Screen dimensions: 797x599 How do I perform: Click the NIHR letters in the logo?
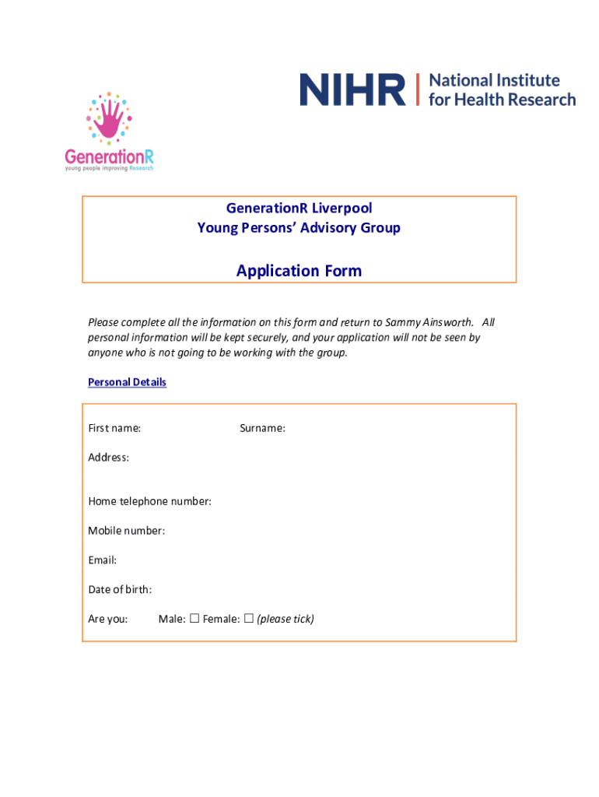pyautogui.click(x=352, y=90)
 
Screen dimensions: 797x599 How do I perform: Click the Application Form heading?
pyautogui.click(x=299, y=271)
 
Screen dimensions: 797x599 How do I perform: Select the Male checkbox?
pyautogui.click(x=194, y=619)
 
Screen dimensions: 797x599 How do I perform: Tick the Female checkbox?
pyautogui.click(x=249, y=619)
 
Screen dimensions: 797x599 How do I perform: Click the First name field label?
pyautogui.click(x=114, y=428)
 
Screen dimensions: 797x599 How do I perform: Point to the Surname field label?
pyautogui.click(x=262, y=428)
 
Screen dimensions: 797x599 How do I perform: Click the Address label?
pyautogui.click(x=108, y=457)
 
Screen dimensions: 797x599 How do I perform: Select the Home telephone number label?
pyautogui.click(x=149, y=501)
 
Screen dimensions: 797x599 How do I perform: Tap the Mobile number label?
pyautogui.click(x=126, y=531)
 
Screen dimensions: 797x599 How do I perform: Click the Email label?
pyautogui.click(x=102, y=560)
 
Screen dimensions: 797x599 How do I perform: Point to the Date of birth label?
pyautogui.click(x=120, y=589)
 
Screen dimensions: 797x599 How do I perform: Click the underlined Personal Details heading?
pyautogui.click(x=127, y=382)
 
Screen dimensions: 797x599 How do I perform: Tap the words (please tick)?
pyautogui.click(x=285, y=619)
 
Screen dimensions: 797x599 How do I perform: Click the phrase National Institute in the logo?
pyautogui.click(x=494, y=80)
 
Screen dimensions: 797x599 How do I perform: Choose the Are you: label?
pyautogui.click(x=107, y=619)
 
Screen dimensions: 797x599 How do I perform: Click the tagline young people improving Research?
pyautogui.click(x=109, y=168)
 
